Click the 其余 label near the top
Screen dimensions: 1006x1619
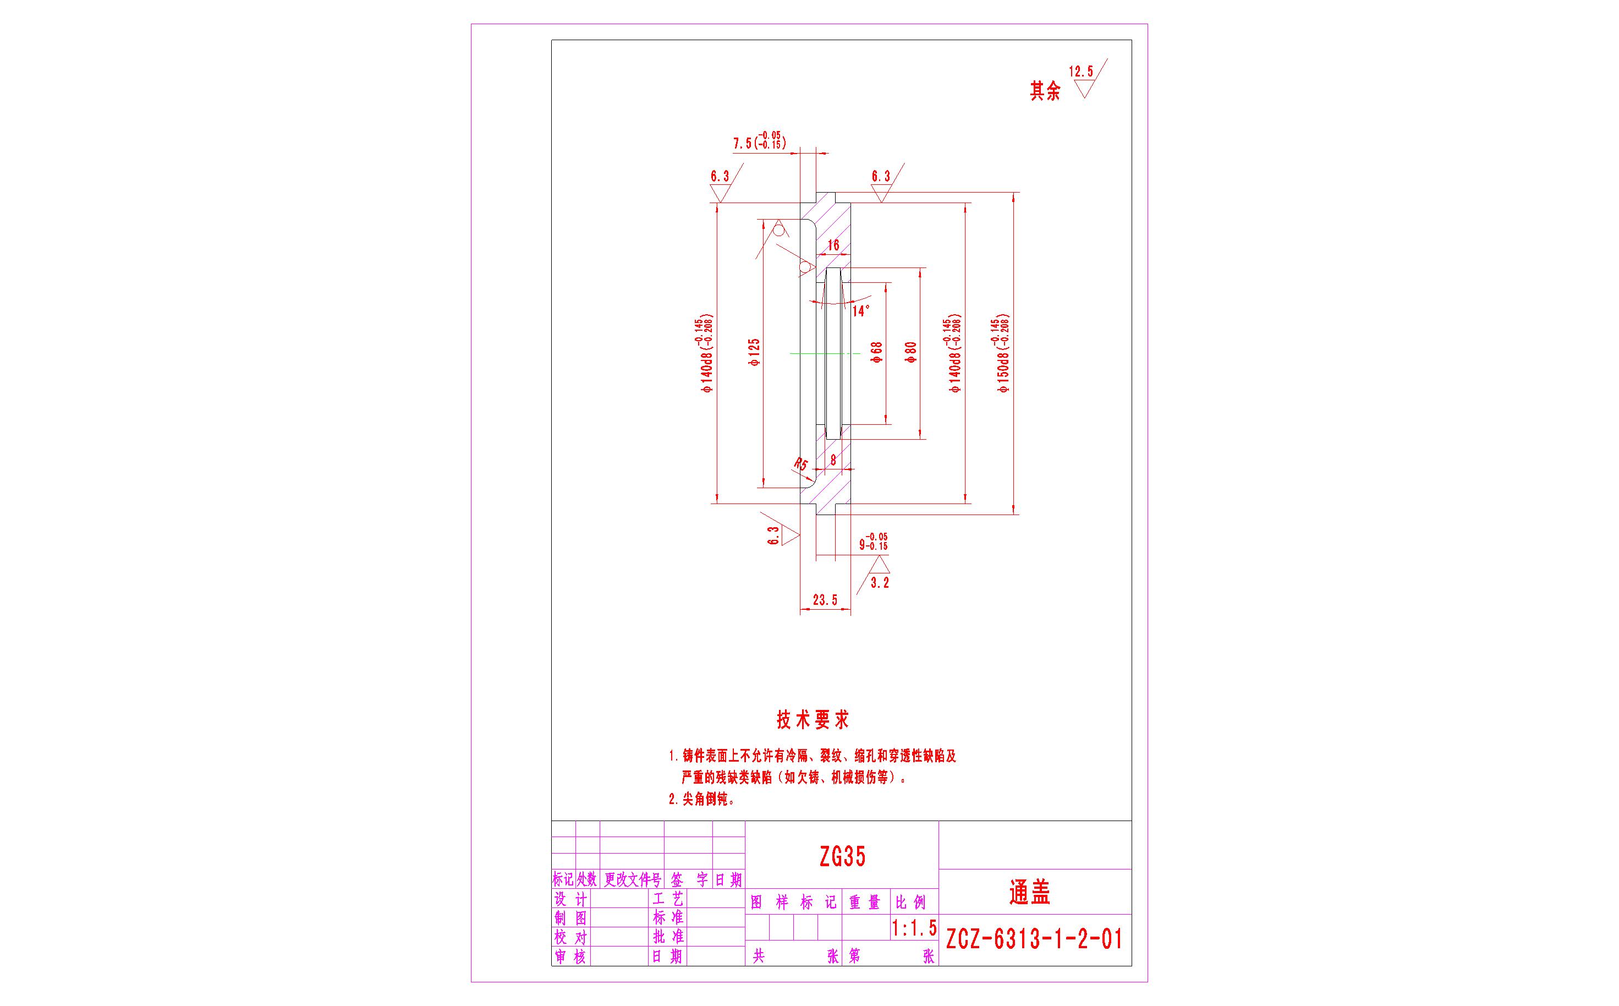click(1045, 91)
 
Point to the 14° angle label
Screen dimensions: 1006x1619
click(861, 311)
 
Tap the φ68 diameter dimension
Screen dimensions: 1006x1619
click(877, 352)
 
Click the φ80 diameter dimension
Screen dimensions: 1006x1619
click(911, 352)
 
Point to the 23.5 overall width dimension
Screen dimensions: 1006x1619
click(825, 601)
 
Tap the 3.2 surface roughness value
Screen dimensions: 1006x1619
click(879, 583)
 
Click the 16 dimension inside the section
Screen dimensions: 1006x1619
click(833, 245)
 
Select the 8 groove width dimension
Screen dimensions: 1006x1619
click(833, 459)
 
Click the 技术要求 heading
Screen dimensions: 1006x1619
click(813, 720)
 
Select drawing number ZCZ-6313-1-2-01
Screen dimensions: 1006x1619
click(1034, 939)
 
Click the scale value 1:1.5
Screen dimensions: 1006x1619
click(914, 927)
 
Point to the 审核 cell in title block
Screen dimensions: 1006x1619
click(570, 957)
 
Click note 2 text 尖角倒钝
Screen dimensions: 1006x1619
click(701, 800)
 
